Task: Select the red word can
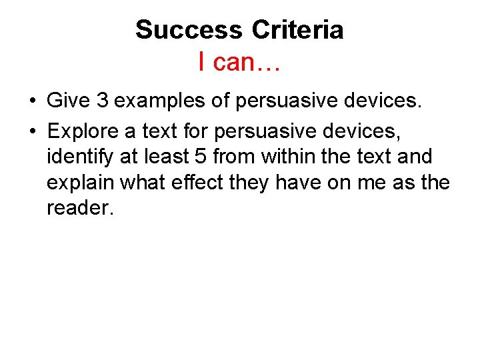(x=240, y=63)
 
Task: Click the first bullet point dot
(x=32, y=101)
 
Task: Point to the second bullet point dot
(x=32, y=129)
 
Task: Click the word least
(x=171, y=157)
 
